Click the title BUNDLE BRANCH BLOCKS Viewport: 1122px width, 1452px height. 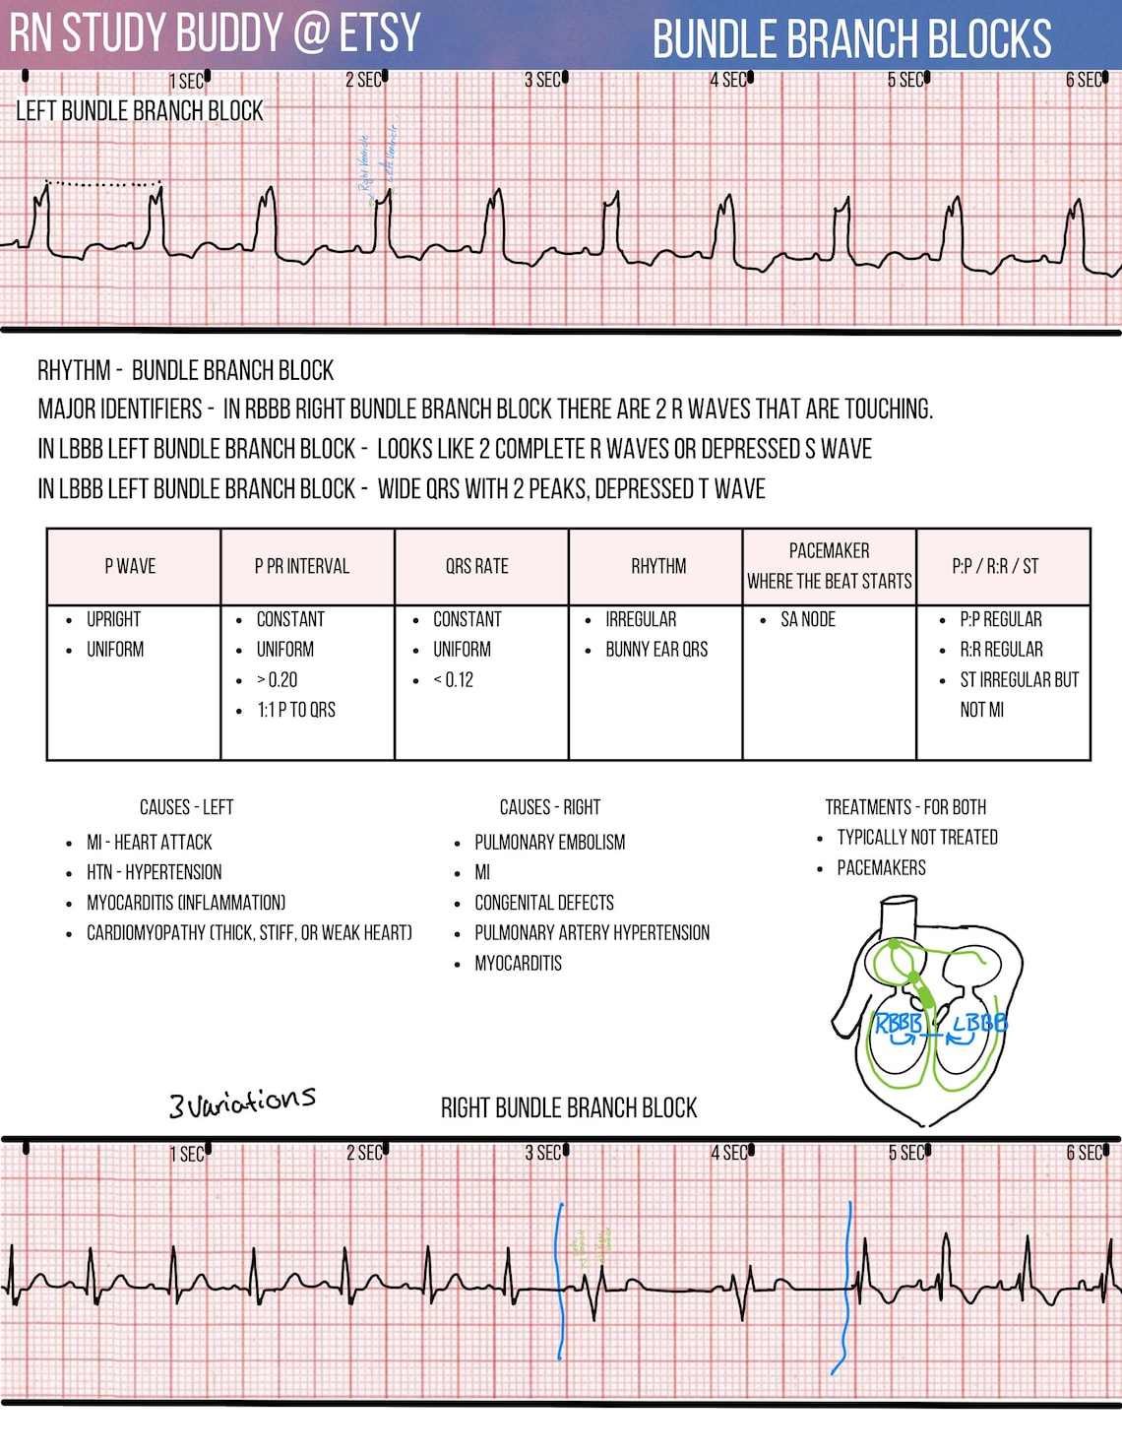[851, 39]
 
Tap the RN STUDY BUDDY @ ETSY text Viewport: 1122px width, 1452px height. [216, 33]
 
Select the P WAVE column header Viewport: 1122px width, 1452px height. [130, 566]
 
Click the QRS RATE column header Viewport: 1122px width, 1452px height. [477, 566]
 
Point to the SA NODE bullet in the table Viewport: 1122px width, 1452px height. [807, 619]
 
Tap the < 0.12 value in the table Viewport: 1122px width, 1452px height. [453, 679]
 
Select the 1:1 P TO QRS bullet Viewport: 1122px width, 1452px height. [296, 710]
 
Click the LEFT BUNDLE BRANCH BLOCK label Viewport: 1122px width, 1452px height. [140, 111]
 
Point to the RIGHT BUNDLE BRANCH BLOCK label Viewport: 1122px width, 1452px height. [569, 1108]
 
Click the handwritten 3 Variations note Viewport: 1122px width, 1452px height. [242, 1102]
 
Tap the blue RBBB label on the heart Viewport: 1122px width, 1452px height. [899, 1024]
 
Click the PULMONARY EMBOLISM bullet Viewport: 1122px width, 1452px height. [549, 843]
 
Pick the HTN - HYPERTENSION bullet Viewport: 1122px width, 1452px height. [154, 872]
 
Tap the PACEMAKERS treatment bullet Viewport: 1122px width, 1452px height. [881, 868]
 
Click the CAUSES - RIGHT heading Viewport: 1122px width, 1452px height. [550, 807]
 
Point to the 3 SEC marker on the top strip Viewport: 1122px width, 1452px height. [543, 81]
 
